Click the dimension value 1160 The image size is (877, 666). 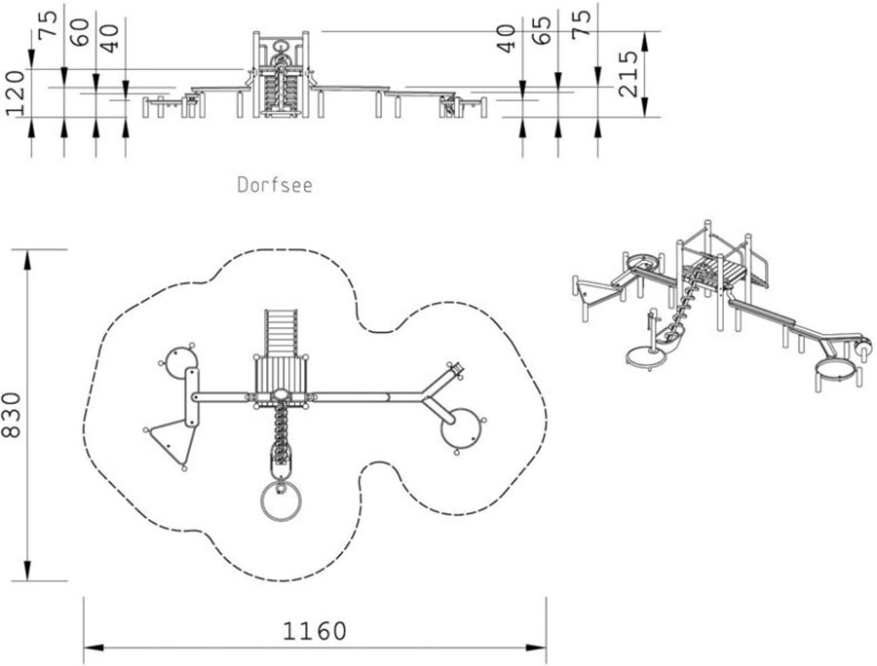pos(315,631)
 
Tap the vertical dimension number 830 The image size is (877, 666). pos(12,415)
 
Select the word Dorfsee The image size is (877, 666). pos(275,185)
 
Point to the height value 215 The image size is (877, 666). pos(629,74)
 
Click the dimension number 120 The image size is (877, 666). pos(15,92)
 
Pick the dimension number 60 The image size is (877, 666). pos(80,32)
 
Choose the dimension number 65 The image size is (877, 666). pos(542,29)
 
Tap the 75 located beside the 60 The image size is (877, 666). pos(48,24)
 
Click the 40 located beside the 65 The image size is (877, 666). pos(508,38)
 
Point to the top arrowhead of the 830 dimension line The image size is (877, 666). pos(26,260)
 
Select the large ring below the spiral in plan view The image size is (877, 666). pos(281,500)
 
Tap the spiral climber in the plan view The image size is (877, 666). pos(281,430)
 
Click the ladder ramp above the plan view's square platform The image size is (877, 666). pos(281,334)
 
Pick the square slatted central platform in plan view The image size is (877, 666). pos(281,377)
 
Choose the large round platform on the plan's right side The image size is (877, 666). pos(463,428)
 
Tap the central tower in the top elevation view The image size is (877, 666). pos(281,74)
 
